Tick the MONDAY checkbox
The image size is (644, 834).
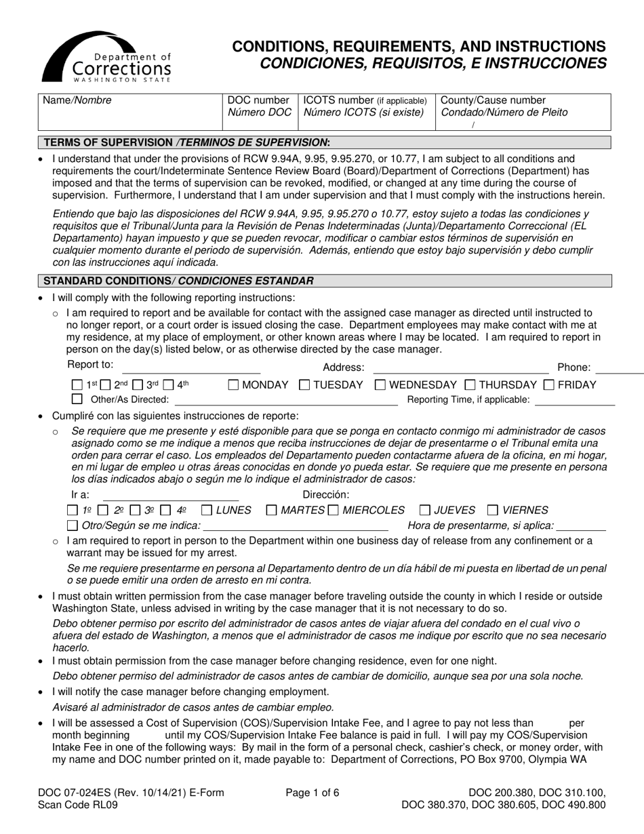coord(233,385)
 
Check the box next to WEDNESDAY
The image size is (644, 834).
coord(380,385)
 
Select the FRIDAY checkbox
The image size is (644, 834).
coord(549,385)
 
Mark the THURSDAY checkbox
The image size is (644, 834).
coord(470,385)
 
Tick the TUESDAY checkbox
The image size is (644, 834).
coord(304,385)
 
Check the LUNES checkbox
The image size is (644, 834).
coord(207,510)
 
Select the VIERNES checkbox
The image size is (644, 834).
coord(494,510)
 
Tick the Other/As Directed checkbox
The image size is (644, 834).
coord(77,399)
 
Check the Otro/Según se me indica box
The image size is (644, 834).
coord(73,525)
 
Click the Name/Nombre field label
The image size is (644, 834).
coord(77,100)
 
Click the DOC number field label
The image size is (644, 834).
coord(258,100)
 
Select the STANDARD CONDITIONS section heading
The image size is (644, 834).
coord(178,281)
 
